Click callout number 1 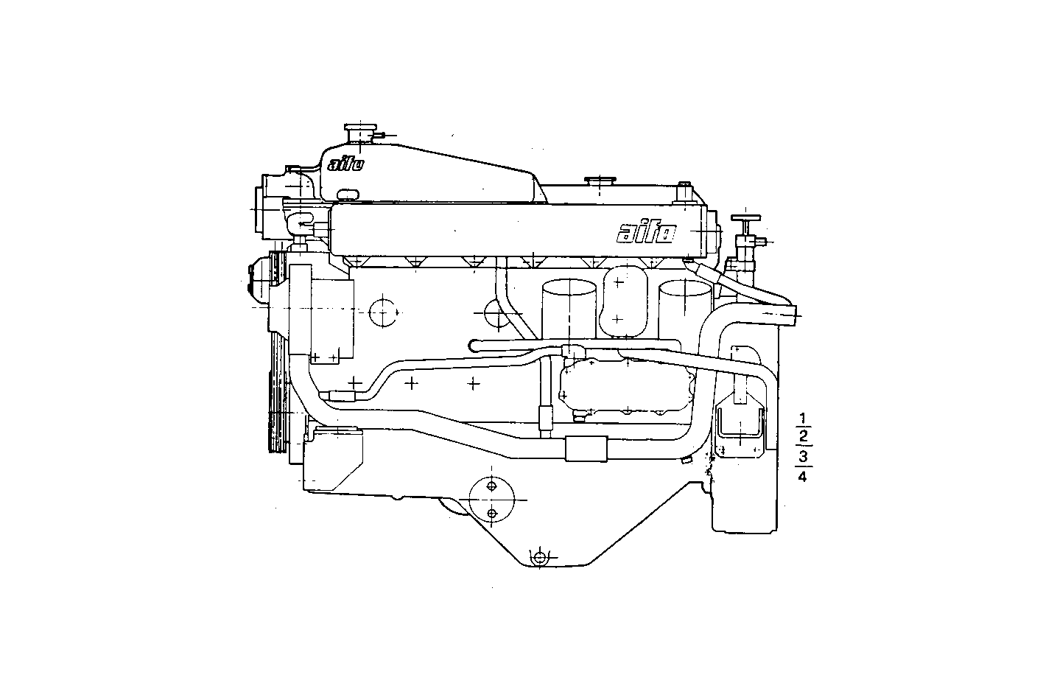pyautogui.click(x=803, y=420)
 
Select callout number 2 pyautogui.click(x=803, y=438)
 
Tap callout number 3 pyautogui.click(x=803, y=457)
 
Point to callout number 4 pyautogui.click(x=803, y=477)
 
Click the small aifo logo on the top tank pyautogui.click(x=345, y=164)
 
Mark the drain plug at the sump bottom pyautogui.click(x=540, y=557)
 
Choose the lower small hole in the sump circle pyautogui.click(x=493, y=513)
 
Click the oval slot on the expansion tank pyautogui.click(x=348, y=194)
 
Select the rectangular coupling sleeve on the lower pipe pyautogui.click(x=586, y=448)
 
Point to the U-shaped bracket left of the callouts pyautogui.click(x=740, y=430)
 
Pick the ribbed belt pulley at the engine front pyautogui.click(x=278, y=354)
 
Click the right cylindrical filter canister pyautogui.click(x=684, y=309)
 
